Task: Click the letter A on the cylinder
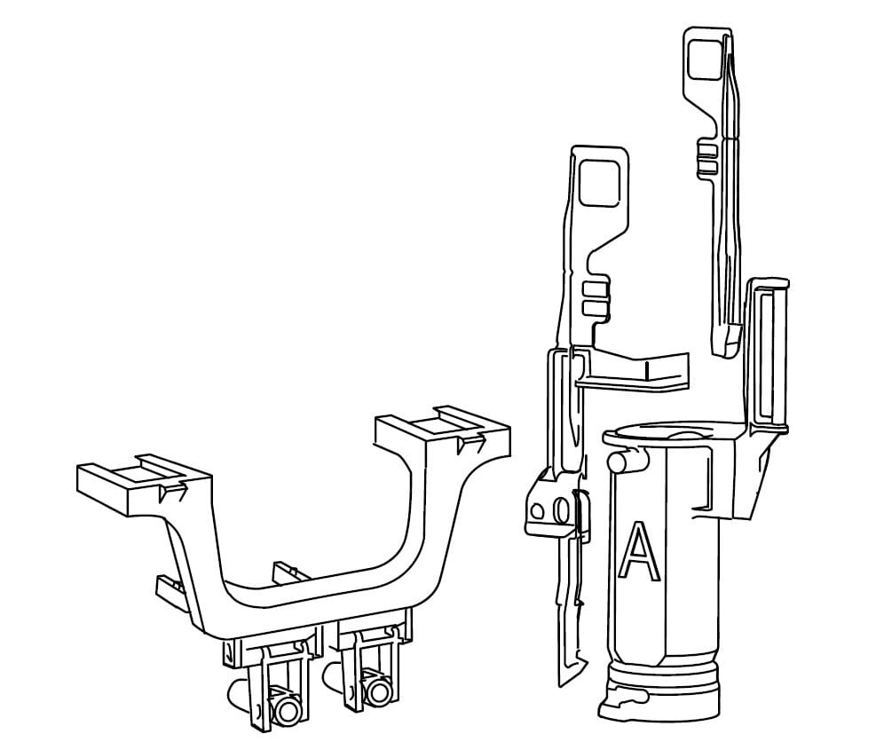[639, 552]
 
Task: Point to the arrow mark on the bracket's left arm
[170, 491]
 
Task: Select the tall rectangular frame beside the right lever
[769, 355]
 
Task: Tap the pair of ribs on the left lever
[596, 299]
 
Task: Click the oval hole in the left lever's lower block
[561, 512]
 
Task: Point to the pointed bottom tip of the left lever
[562, 682]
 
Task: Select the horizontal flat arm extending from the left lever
[639, 371]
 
